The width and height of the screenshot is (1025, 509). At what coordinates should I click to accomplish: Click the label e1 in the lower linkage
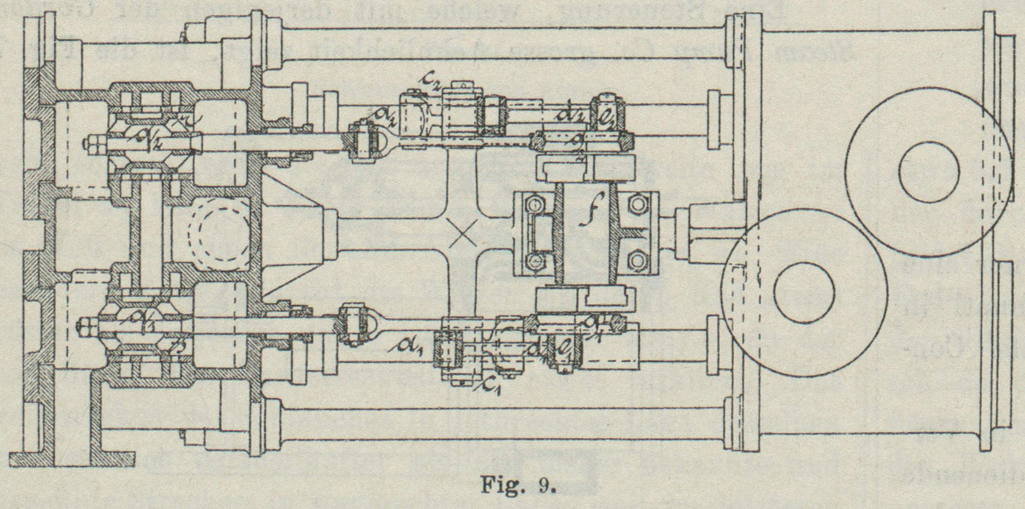[x=564, y=347]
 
